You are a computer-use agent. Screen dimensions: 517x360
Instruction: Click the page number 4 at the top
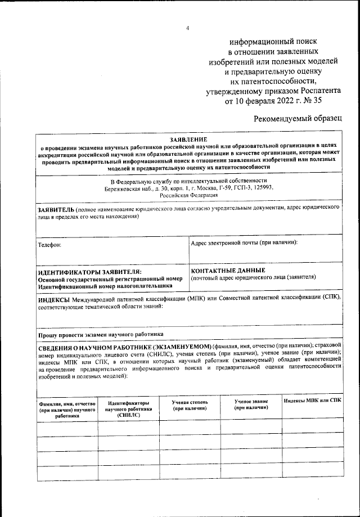point(188,28)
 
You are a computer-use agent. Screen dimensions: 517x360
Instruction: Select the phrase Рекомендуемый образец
point(298,119)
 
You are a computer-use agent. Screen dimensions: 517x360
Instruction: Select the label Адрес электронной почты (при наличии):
point(244,242)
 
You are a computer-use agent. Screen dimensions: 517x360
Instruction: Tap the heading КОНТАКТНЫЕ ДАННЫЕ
point(228,271)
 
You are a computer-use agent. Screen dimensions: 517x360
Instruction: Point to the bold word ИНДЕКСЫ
point(53,300)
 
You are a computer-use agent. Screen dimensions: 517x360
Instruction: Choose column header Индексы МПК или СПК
point(312,401)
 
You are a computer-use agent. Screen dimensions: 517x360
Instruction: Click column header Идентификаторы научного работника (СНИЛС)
point(128,408)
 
